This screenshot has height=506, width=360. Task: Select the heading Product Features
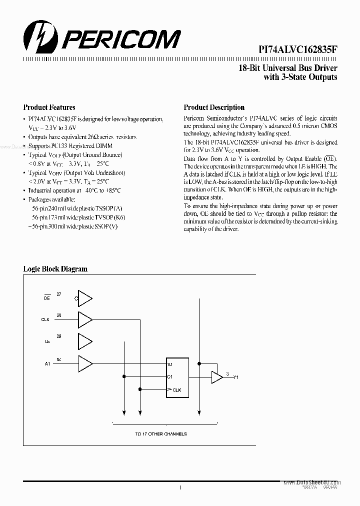[x=49, y=107]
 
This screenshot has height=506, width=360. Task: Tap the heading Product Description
[x=214, y=107]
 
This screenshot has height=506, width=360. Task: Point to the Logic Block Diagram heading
[x=55, y=269]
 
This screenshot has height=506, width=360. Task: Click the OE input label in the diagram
[x=47, y=298]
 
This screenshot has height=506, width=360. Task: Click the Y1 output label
[x=236, y=378]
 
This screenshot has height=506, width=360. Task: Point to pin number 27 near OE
[x=59, y=294]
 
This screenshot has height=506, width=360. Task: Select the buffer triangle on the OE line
[x=85, y=298]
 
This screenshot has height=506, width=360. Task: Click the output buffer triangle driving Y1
[x=216, y=377]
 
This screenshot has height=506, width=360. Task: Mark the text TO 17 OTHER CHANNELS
[x=161, y=434]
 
